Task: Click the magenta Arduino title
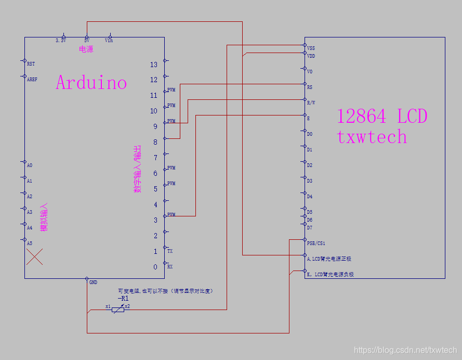[91, 82]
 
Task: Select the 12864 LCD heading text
[382, 115]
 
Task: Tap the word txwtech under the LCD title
[372, 136]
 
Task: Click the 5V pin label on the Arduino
[86, 40]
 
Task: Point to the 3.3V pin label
[61, 40]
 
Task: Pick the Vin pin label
[109, 40]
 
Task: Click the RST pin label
[31, 63]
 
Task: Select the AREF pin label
[32, 80]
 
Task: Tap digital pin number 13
[153, 65]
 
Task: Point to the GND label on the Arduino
[93, 282]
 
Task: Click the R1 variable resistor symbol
[118, 308]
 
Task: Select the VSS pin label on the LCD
[311, 48]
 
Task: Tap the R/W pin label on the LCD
[311, 102]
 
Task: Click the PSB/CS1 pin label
[316, 243]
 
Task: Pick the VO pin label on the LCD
[310, 71]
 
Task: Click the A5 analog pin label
[30, 243]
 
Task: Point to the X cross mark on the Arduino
[35, 256]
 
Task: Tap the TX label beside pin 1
[170, 251]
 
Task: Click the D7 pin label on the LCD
[310, 227]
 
